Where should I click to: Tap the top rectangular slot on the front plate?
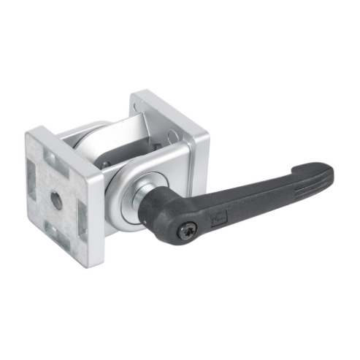57,156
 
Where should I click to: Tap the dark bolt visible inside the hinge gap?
108,163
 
